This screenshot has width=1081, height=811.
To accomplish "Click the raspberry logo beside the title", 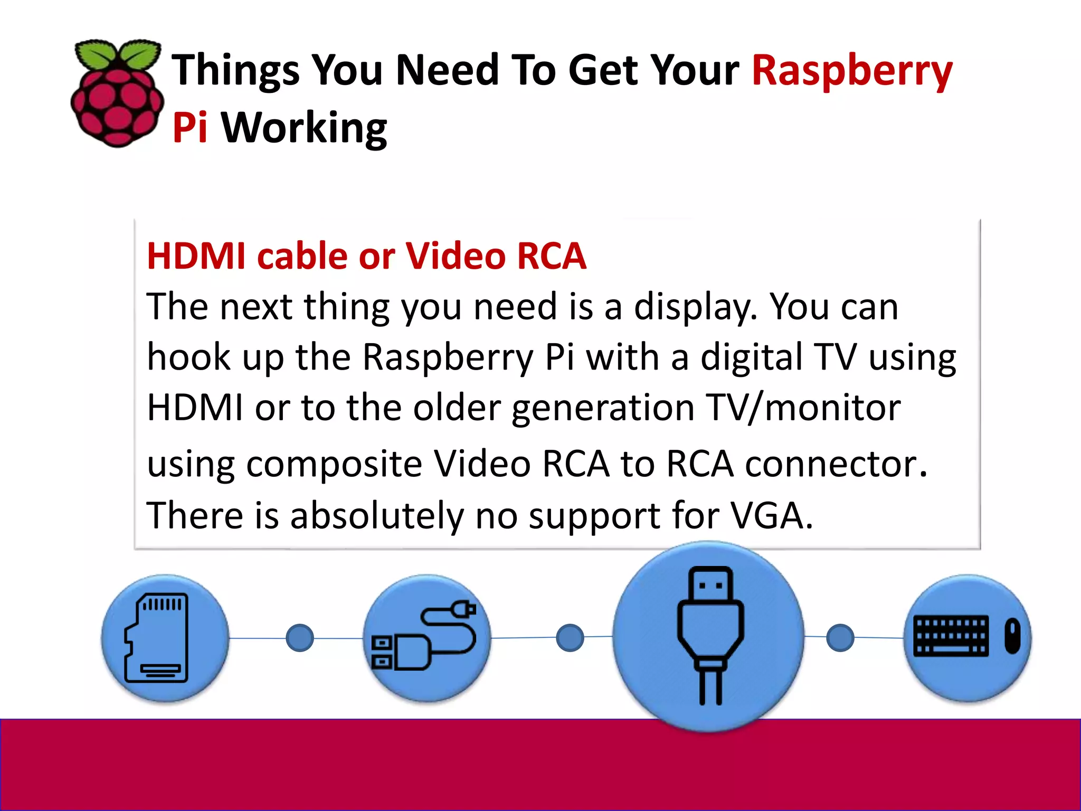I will (117, 93).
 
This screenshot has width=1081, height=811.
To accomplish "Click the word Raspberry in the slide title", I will (852, 71).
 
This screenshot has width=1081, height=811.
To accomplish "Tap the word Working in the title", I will (304, 128).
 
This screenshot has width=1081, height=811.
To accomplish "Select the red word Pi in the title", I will (189, 128).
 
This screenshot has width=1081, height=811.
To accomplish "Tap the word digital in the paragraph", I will (752, 357).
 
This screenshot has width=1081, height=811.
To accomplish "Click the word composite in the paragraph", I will (334, 464).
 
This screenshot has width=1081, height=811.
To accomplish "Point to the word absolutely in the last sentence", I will (376, 515).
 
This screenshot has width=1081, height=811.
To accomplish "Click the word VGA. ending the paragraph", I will (771, 515).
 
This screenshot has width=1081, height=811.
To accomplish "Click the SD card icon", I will (157, 638).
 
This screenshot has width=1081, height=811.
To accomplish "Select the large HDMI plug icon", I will (710, 636).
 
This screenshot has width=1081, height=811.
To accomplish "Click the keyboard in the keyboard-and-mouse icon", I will (951, 636).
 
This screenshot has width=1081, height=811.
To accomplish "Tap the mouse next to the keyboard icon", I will (1012, 636).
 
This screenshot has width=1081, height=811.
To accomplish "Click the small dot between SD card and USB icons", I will (300, 638).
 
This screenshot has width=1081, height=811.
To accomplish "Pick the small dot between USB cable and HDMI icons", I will (570, 637).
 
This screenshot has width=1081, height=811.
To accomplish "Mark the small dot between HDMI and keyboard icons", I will (840, 637).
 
